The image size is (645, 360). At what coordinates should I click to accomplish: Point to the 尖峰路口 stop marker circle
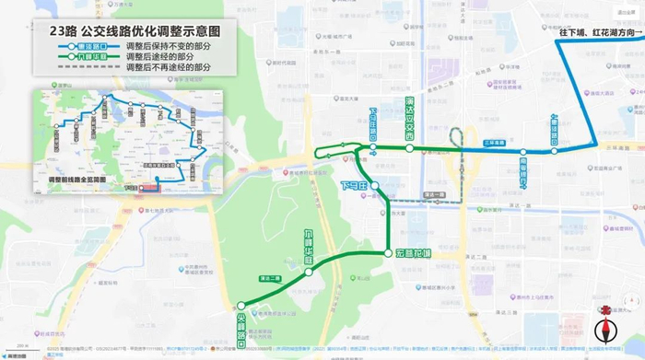pyautogui.click(x=240, y=306)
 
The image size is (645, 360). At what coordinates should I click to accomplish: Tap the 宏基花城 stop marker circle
pyautogui.click(x=387, y=253)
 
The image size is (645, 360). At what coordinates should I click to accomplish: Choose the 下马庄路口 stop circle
pyautogui.click(x=373, y=146)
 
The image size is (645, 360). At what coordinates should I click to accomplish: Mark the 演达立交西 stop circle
pyautogui.click(x=409, y=146)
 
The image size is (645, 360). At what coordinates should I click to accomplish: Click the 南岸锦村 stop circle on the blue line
pyautogui.click(x=522, y=152)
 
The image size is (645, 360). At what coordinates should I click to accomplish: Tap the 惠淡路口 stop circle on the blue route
pyautogui.click(x=555, y=150)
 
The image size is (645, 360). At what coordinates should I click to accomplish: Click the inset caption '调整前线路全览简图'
pyautogui.click(x=71, y=179)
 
